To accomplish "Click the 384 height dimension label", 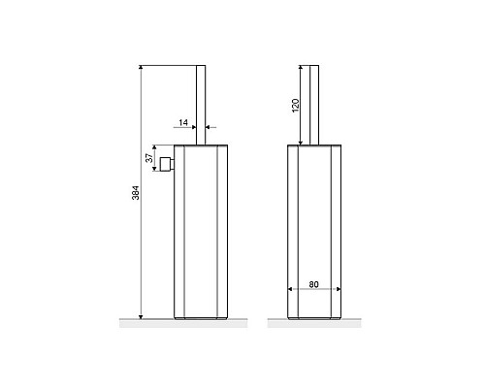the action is tap(136, 193).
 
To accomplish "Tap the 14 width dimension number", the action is tap(183, 122).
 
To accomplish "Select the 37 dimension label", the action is tap(149, 158).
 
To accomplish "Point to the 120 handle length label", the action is tap(296, 106).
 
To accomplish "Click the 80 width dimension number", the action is tap(313, 284).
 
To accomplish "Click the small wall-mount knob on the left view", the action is tap(167, 164).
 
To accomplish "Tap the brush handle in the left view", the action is tap(201, 105).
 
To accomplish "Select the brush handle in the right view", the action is tap(314, 105).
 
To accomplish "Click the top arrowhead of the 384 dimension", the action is tap(141, 67).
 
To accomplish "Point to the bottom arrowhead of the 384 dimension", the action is tap(141, 316).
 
